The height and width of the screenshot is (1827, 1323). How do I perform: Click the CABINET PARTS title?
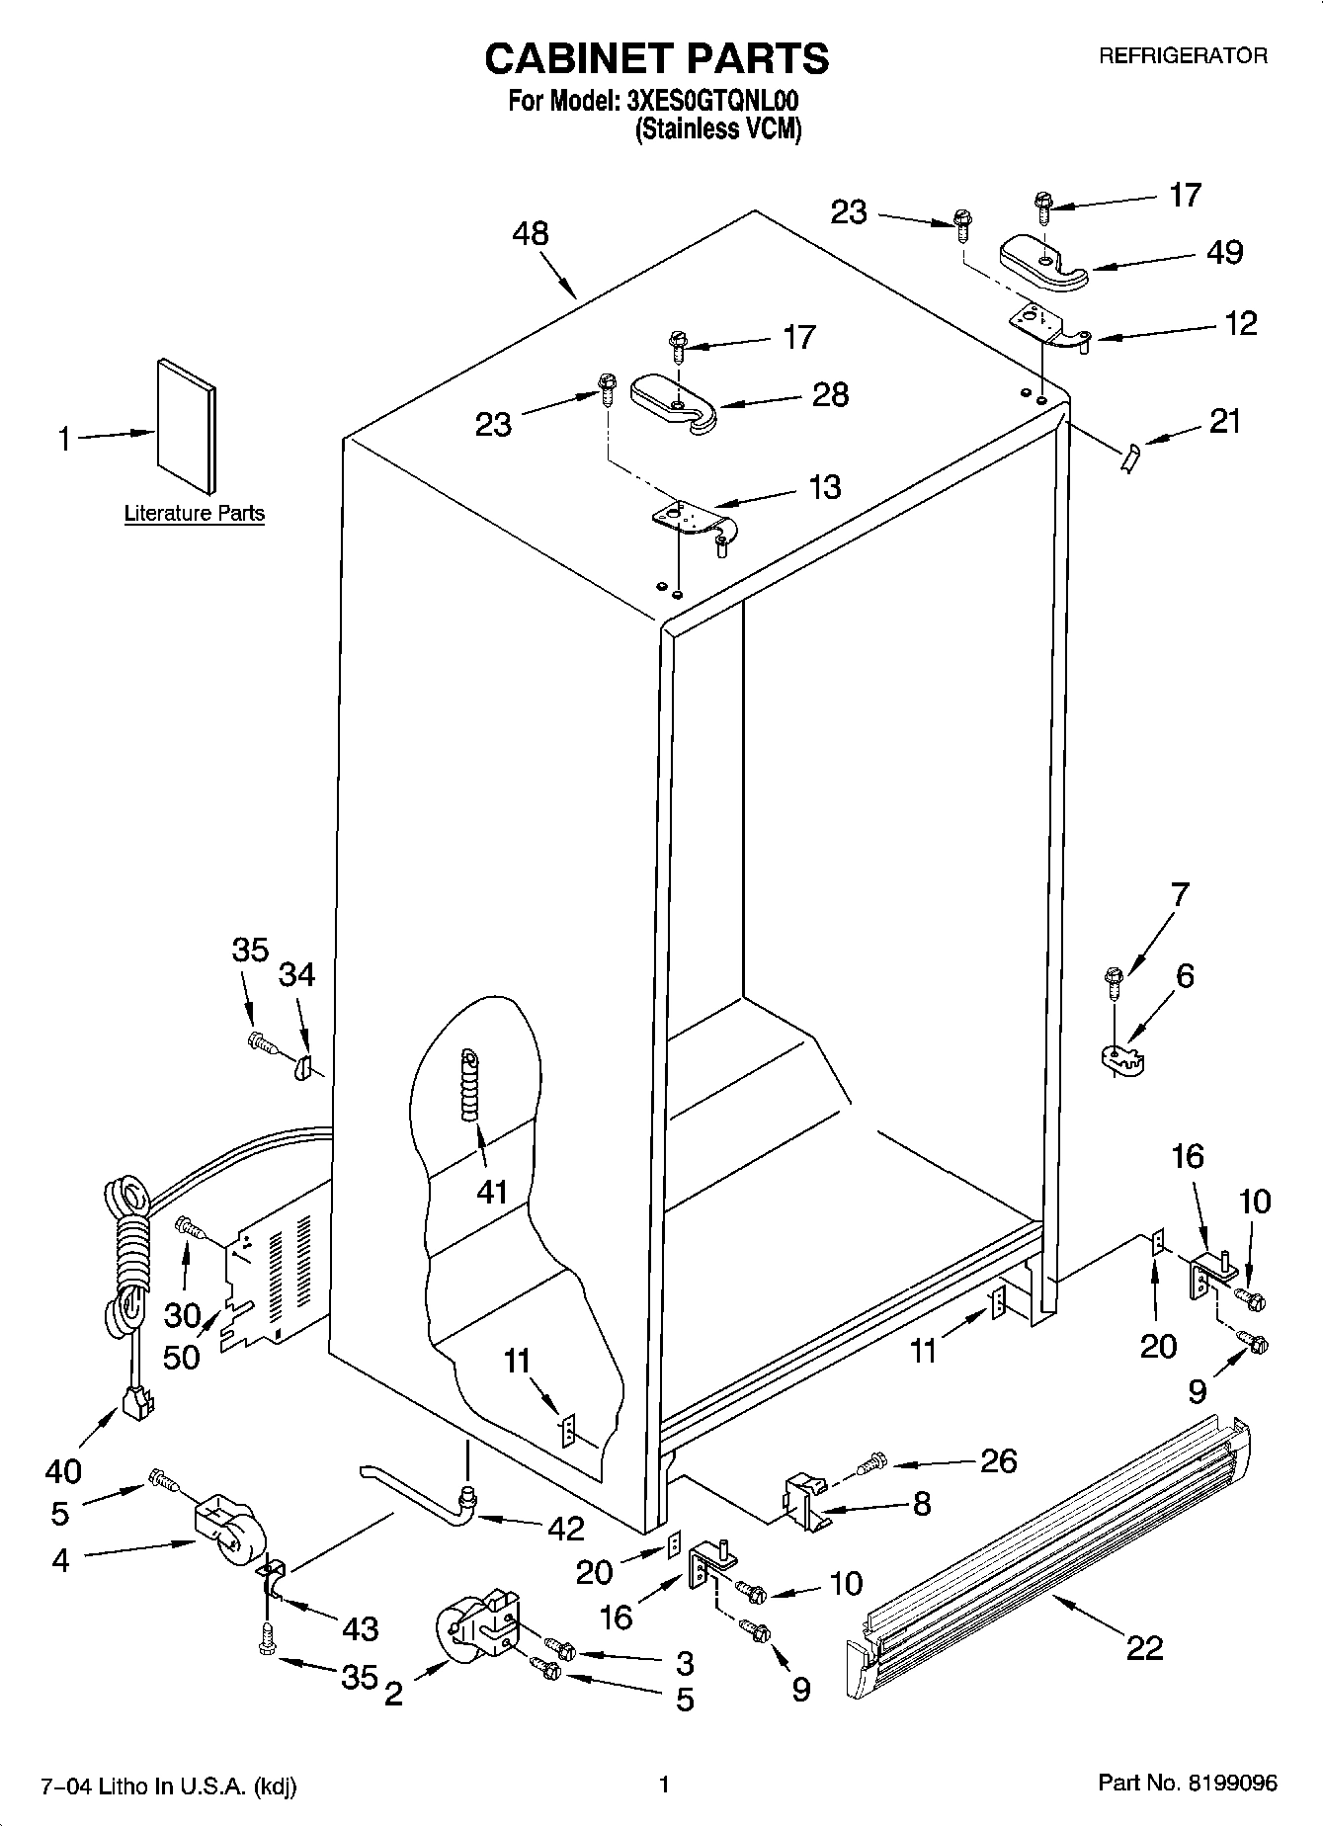point(656,59)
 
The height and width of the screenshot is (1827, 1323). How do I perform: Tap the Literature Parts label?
point(194,513)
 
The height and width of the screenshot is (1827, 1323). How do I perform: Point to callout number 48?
point(531,234)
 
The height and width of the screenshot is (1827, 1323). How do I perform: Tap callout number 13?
point(825,486)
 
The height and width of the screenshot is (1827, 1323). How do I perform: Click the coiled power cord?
point(128,1255)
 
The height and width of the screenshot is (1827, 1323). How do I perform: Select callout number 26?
point(998,1460)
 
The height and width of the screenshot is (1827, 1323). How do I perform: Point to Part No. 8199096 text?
point(1188,1783)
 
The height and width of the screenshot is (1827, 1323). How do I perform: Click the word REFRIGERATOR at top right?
point(1183,56)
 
